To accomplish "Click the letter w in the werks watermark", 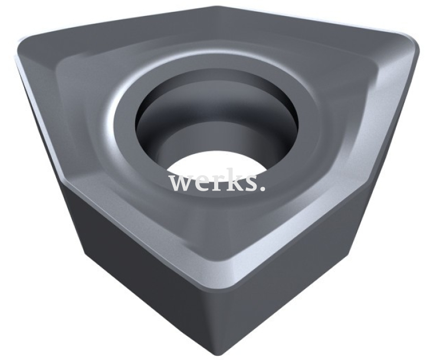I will click(x=181, y=182).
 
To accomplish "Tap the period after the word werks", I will click(x=261, y=188).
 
